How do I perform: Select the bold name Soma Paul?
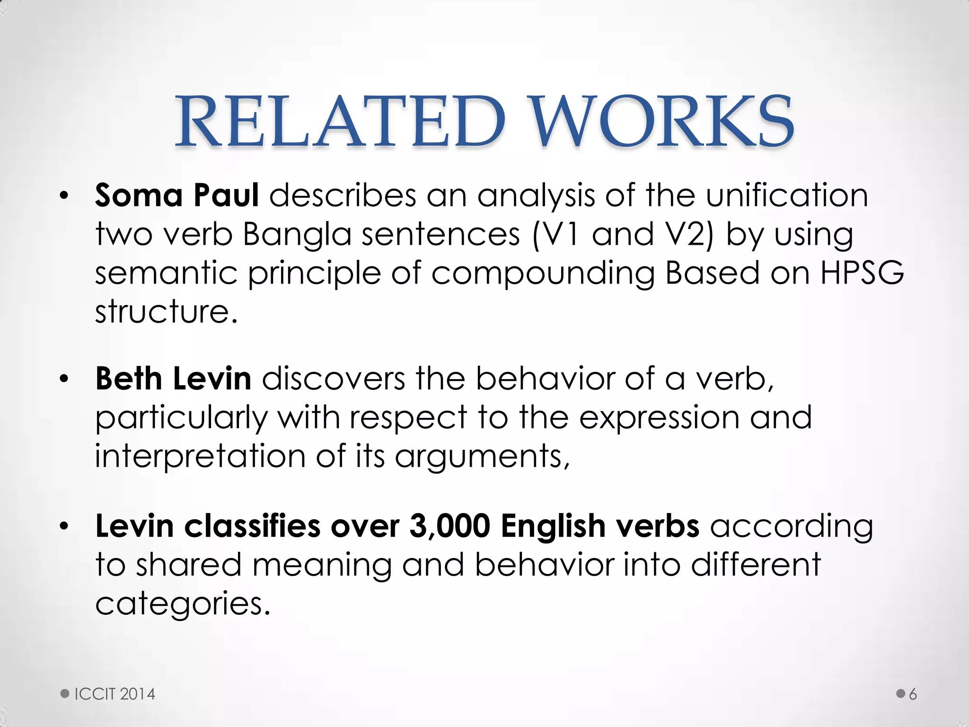tap(177, 195)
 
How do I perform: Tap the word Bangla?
tap(297, 234)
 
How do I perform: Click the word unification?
tap(787, 195)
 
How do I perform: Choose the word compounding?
tap(543, 275)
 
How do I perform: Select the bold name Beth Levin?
tap(173, 379)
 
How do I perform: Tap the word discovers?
tap(334, 379)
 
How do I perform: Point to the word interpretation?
tap(200, 456)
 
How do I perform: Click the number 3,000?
tap(449, 526)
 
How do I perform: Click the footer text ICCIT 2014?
tap(115, 694)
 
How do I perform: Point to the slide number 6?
tap(913, 694)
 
